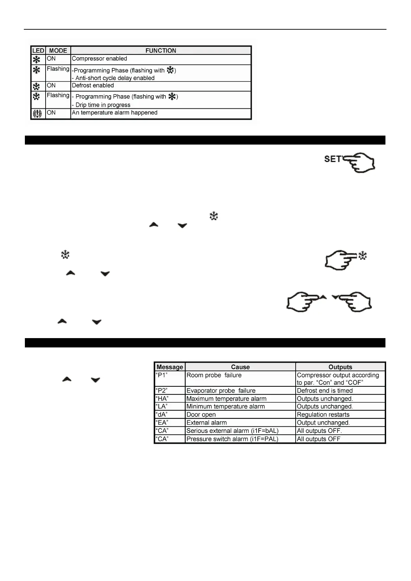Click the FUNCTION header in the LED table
[161, 50]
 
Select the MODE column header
[58, 50]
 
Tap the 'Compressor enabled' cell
[99, 59]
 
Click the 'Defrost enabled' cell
[93, 86]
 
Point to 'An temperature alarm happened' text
[115, 113]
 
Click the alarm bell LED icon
[37, 113]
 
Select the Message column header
[170, 367]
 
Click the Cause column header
[240, 367]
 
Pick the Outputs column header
[340, 367]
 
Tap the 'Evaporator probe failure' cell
[221, 391]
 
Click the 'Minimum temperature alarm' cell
[226, 406]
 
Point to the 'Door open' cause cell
[201, 415]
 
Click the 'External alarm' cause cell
[207, 423]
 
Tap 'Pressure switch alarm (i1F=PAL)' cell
[232, 439]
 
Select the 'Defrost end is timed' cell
[325, 391]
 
